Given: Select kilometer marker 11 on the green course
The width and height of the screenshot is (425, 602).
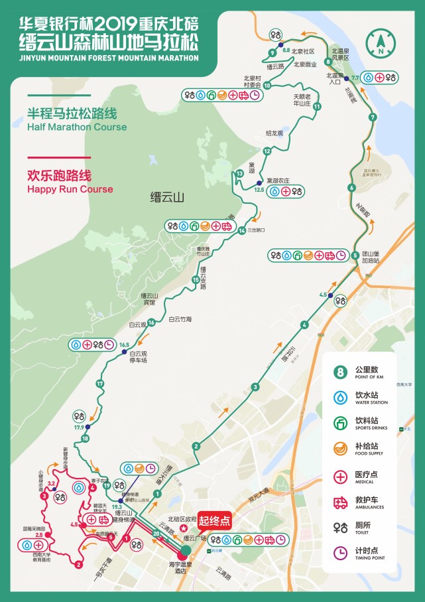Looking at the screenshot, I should tap(317, 106).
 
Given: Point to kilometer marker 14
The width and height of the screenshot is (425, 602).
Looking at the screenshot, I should tap(242, 230).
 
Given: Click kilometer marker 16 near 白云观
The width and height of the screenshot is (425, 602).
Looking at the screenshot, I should tap(152, 323).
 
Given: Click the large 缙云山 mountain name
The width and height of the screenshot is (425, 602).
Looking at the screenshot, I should tap(167, 197).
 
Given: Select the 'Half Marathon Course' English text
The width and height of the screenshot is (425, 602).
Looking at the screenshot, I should tap(76, 127).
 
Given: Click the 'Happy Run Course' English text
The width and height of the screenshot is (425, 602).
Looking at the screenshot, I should tap(70, 189).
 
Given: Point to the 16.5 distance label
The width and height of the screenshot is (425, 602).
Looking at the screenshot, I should tap(124, 344).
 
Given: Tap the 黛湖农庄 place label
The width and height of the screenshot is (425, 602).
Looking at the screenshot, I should tap(278, 180).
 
